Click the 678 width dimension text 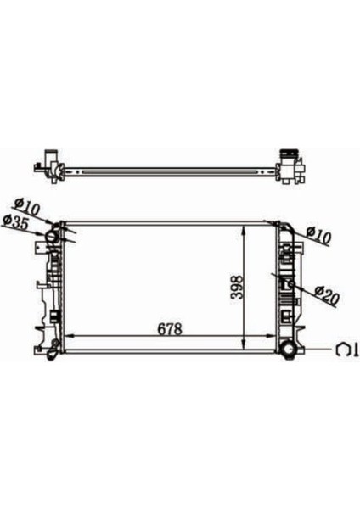pyautogui.click(x=170, y=329)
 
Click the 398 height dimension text pyautogui.click(x=237, y=287)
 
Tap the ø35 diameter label pyautogui.click(x=16, y=222)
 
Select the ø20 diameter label pyautogui.click(x=327, y=295)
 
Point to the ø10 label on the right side pyautogui.click(x=319, y=235)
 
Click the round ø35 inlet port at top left pyautogui.click(x=53, y=236)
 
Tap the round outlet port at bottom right pyautogui.click(x=289, y=350)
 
